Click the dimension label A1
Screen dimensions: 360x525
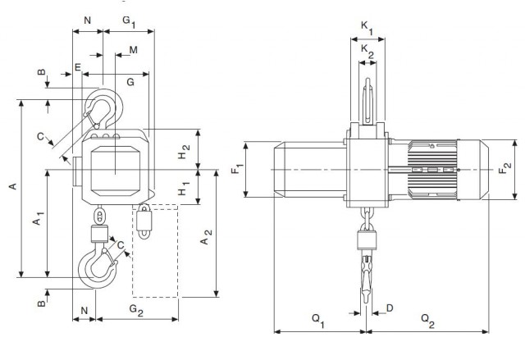coord(37,221)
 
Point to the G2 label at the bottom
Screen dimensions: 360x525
coord(136,311)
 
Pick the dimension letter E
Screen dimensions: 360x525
coord(78,67)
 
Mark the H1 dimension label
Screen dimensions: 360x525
coord(185,190)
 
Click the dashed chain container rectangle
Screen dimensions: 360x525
coord(155,252)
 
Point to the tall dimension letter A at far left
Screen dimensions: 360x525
coord(11,188)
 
